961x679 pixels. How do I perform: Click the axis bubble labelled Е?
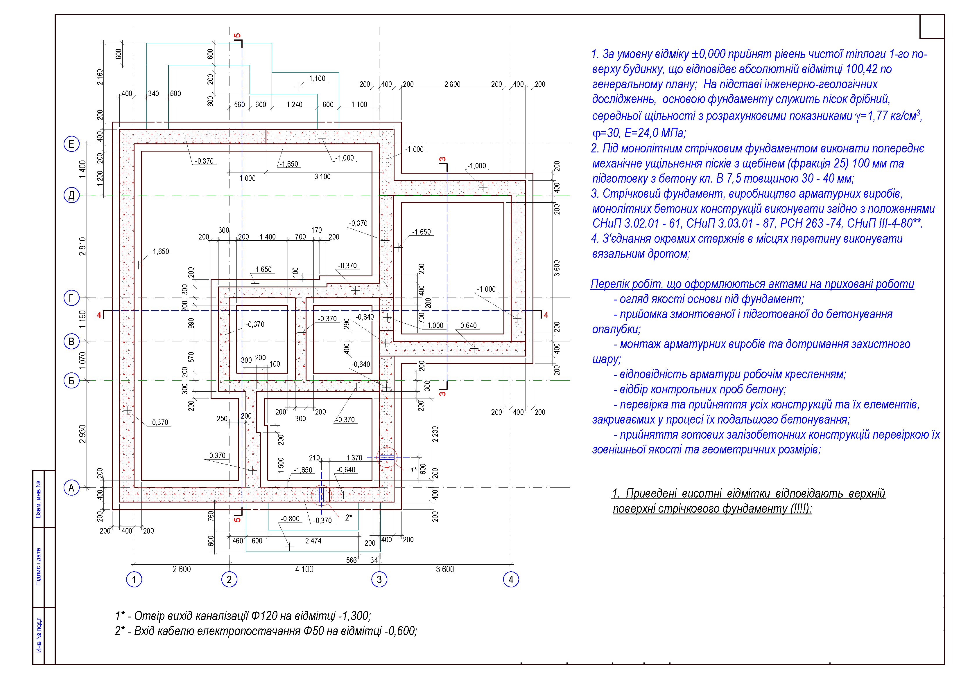tap(71, 144)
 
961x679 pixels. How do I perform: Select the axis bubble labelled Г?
tap(71, 298)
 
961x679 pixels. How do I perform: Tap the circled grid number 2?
tap(229, 579)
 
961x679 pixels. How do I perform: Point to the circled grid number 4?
tap(511, 579)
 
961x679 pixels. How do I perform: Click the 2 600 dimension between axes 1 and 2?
tap(182, 569)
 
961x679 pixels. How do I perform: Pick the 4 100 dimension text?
tap(304, 569)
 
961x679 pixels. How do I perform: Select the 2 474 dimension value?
tap(313, 541)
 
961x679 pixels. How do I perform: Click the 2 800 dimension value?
tap(452, 84)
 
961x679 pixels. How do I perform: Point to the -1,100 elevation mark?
tap(316, 79)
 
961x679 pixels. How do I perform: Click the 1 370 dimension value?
tap(354, 458)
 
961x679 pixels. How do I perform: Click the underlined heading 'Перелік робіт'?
tap(752, 284)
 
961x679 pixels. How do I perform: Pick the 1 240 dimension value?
tap(294, 105)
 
